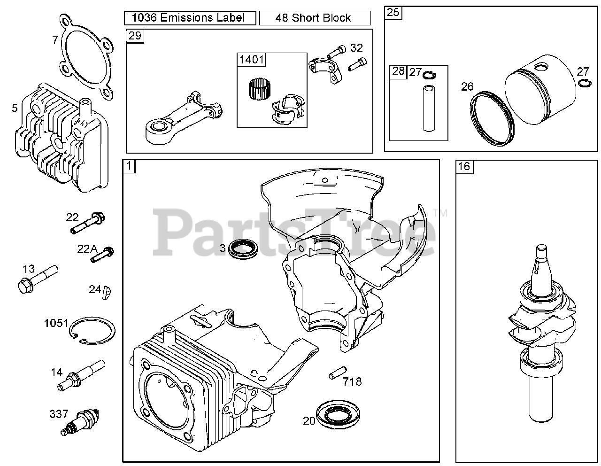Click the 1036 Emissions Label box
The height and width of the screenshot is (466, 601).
[190, 18]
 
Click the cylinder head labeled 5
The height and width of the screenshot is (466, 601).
[61, 141]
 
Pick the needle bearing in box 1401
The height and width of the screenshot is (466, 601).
[257, 88]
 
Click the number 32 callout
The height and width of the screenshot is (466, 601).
[356, 47]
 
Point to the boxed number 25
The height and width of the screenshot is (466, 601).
[393, 13]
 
